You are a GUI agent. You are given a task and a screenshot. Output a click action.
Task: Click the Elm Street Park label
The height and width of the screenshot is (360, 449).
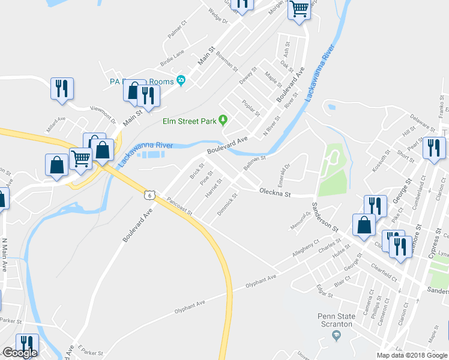click(189, 121)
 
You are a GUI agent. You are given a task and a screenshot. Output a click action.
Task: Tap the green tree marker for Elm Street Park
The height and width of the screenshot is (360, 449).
click(223, 120)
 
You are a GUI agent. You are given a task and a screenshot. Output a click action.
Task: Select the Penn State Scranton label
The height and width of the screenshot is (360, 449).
click(335, 320)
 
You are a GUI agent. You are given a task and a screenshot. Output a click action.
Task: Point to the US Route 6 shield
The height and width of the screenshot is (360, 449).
click(149, 194)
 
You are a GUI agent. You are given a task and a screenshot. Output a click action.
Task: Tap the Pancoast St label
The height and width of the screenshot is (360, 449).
click(179, 206)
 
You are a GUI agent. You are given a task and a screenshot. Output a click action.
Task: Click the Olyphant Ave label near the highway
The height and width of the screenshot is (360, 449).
click(189, 305)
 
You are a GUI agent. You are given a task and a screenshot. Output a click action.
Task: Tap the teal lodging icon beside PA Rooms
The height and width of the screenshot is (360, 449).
click(180, 82)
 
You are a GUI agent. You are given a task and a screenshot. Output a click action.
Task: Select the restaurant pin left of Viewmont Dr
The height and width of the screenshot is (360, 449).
click(62, 88)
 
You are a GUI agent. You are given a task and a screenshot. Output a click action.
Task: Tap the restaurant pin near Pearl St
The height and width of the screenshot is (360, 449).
click(433, 148)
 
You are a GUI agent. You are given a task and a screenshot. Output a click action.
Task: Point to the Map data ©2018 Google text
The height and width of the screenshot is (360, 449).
click(412, 355)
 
